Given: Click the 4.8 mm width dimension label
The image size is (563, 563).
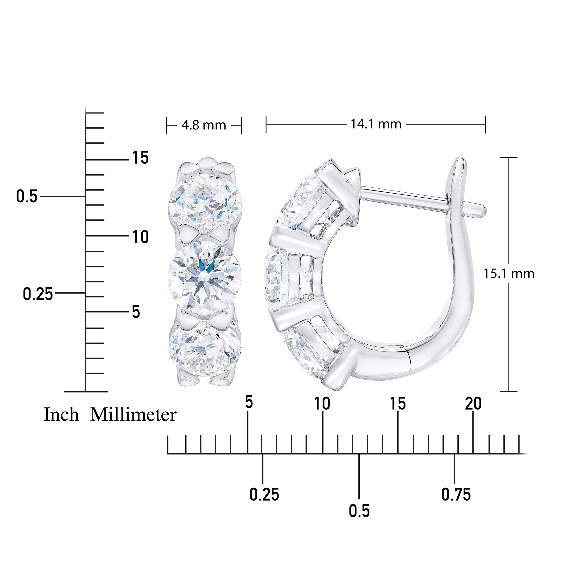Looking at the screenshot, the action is [x=204, y=125].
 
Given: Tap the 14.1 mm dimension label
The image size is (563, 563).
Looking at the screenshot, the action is [x=376, y=124].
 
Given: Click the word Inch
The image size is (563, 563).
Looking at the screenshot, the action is [x=61, y=415].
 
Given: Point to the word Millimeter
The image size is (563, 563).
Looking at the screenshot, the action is [x=133, y=415].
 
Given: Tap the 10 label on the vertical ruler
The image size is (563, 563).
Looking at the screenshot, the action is [x=141, y=237].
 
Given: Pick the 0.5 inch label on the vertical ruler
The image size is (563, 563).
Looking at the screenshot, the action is [x=27, y=196].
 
